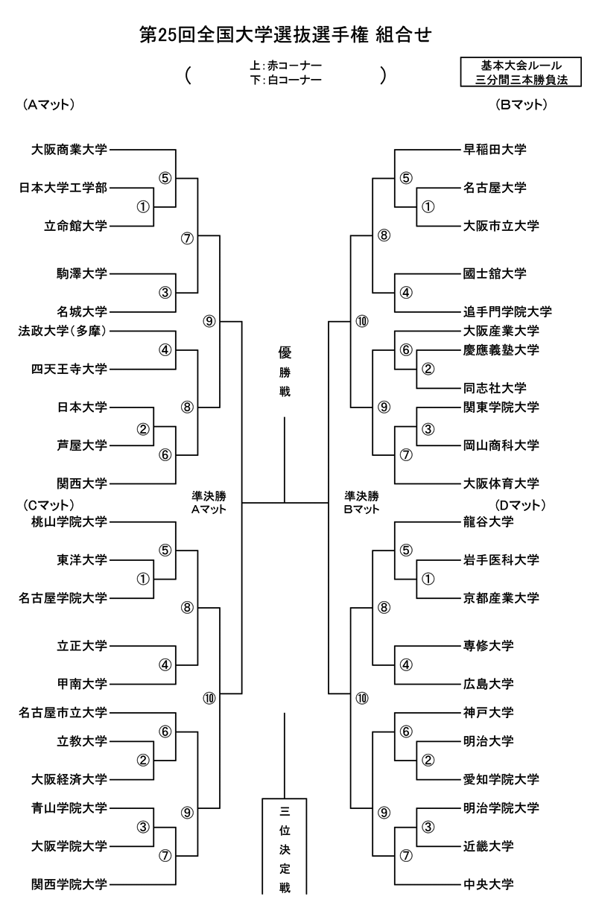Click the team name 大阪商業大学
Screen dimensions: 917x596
[x=69, y=150]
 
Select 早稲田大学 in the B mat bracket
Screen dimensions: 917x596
[x=495, y=150]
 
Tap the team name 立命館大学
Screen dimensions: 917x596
[x=75, y=226]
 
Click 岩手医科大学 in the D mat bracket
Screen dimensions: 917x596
[x=501, y=560]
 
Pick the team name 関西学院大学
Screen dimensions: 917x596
[x=69, y=885]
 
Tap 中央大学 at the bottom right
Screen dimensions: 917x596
[x=488, y=885]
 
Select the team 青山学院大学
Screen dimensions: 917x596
[x=69, y=808]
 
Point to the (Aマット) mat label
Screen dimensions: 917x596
[x=48, y=105]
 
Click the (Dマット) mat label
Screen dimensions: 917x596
[x=521, y=505]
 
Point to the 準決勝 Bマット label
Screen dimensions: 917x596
[x=362, y=502]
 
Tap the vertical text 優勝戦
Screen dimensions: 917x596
[x=285, y=371]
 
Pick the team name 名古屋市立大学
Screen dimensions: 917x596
[x=63, y=713]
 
